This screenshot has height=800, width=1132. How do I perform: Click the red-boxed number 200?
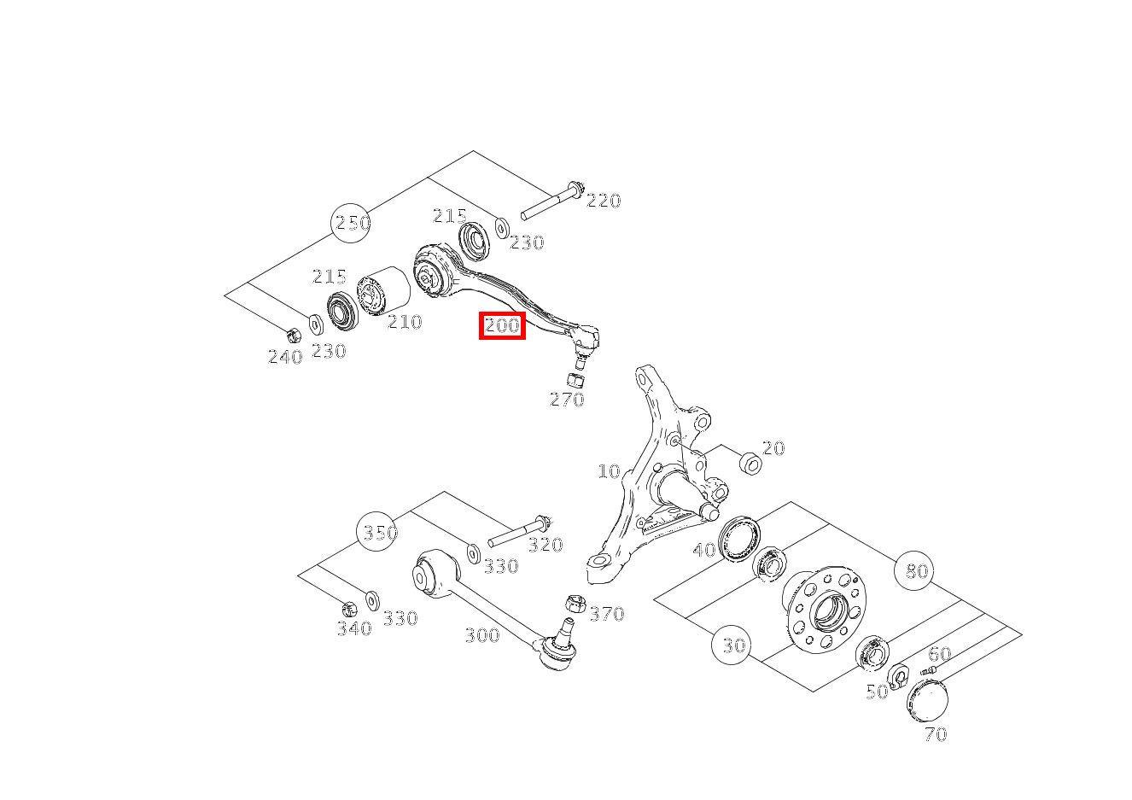502,325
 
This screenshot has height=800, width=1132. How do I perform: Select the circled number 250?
351,223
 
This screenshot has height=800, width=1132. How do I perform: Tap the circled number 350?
376,532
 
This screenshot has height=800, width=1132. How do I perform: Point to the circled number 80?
913,570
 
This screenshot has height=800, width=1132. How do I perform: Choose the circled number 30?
731,645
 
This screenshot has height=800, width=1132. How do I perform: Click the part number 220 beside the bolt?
604,201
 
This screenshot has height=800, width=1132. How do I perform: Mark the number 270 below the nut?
568,400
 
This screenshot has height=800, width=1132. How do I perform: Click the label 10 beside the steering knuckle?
609,471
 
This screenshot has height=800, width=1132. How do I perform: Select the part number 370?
608,614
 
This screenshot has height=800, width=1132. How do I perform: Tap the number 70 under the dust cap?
936,734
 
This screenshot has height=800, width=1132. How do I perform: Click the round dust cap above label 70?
927,701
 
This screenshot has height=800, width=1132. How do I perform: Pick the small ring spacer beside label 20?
750,464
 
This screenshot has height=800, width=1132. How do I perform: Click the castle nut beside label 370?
575,604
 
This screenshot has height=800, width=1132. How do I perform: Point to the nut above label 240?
293,335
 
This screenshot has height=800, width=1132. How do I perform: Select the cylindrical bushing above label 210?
383,291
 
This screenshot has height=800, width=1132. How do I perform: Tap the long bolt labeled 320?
520,531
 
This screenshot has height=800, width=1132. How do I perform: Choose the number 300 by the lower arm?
482,635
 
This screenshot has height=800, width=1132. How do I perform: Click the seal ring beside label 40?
738,538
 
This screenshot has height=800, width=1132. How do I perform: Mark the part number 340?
355,628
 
